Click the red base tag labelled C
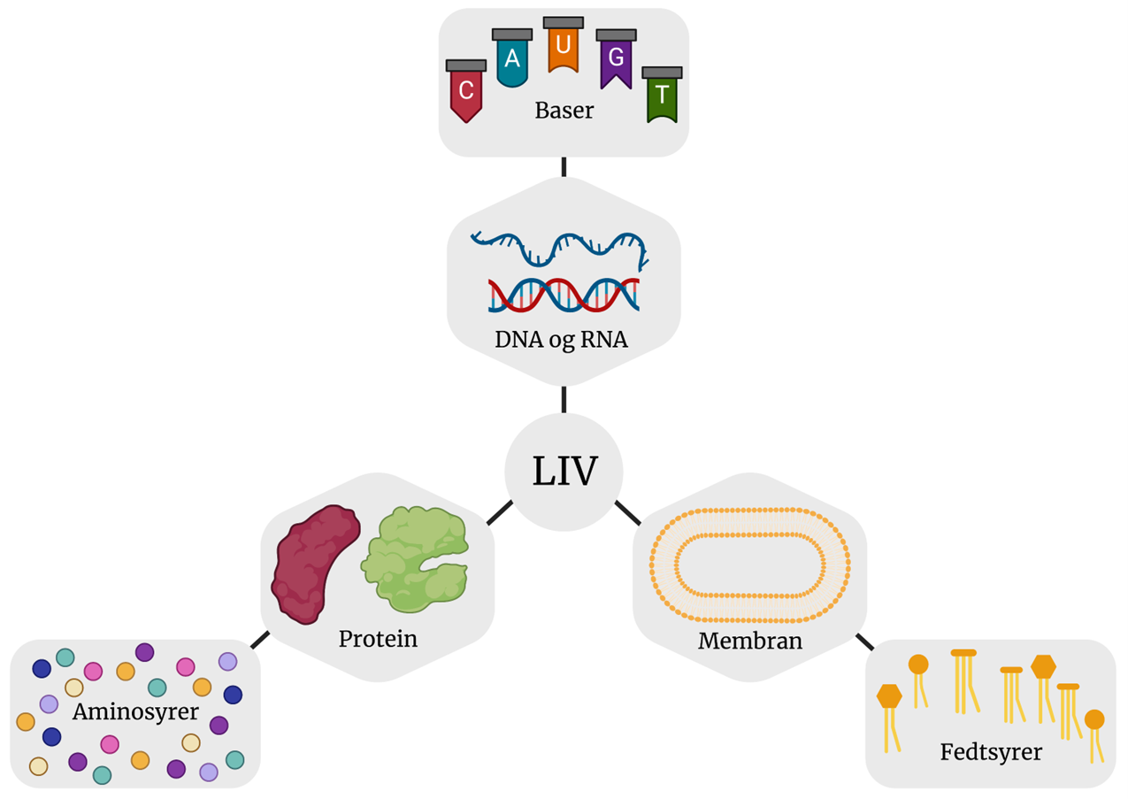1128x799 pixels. (x=466, y=92)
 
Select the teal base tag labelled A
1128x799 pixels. (x=512, y=60)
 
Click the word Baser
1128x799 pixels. (x=564, y=112)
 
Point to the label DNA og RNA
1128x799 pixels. (x=564, y=340)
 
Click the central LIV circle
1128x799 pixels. (x=564, y=472)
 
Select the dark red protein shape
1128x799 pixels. (x=315, y=563)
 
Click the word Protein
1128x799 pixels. (x=378, y=639)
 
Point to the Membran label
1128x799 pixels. (x=750, y=641)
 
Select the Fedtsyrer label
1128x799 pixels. (x=991, y=753)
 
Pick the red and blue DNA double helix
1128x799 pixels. (x=564, y=295)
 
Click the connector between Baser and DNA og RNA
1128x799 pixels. (x=564, y=166)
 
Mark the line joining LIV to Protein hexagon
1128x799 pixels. (x=499, y=512)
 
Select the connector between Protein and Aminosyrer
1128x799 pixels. (x=260, y=640)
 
